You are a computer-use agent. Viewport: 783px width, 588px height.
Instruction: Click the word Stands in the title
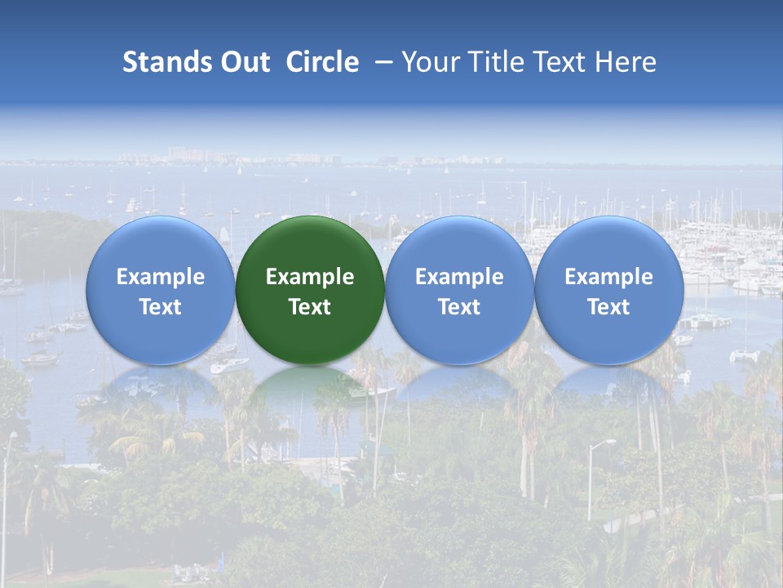tap(160, 62)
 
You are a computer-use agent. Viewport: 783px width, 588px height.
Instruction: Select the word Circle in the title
tap(322, 62)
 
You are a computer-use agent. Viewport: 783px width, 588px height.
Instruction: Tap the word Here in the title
tap(626, 62)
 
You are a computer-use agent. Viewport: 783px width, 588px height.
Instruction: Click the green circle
tap(310, 245)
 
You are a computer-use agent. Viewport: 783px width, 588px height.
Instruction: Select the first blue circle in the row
tap(161, 245)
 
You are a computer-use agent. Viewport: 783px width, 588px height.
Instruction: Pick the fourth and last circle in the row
tap(608, 245)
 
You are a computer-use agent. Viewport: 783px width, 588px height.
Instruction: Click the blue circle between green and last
tap(459, 245)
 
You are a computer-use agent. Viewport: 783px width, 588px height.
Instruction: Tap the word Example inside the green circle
tap(310, 277)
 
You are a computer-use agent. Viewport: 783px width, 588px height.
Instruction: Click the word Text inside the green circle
tap(310, 307)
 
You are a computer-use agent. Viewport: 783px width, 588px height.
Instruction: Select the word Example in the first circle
tap(161, 277)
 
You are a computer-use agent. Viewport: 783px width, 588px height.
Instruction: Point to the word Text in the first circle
tap(161, 307)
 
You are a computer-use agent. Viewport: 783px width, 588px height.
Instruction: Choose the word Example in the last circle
tap(608, 277)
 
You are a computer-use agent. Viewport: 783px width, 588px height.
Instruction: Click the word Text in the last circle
tap(608, 307)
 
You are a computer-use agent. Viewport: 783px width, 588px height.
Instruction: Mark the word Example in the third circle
tap(459, 277)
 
